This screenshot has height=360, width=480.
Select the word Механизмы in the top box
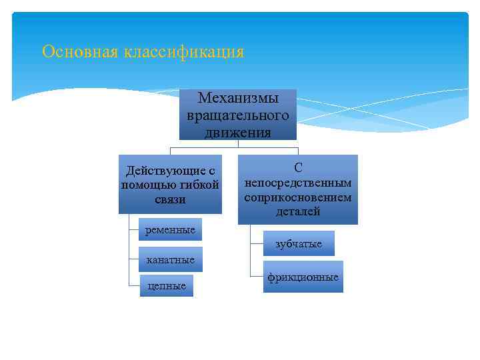(238, 99)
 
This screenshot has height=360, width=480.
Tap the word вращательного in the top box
(238, 115)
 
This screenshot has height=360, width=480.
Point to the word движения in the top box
(238, 131)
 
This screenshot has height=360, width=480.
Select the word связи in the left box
(171, 199)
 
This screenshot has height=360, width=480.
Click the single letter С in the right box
(297, 169)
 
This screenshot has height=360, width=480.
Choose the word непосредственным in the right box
(297, 183)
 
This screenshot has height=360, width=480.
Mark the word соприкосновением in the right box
(297, 197)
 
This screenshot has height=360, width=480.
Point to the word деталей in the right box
(297, 212)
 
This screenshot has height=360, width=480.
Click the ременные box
(170, 230)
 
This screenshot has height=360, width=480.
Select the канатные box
(170, 259)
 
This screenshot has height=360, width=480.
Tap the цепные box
(167, 286)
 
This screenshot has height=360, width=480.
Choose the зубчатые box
(299, 244)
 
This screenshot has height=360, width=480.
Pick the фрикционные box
(303, 277)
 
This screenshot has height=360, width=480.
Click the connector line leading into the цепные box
(134, 285)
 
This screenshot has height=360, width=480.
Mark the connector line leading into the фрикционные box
(257, 275)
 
